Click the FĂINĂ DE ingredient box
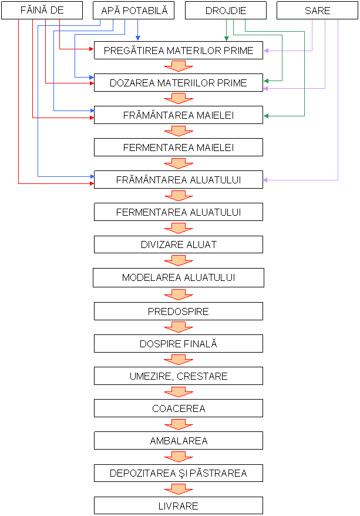(x=42, y=11)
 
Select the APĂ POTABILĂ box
(x=134, y=11)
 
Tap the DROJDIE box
(x=226, y=11)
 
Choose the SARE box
(x=318, y=11)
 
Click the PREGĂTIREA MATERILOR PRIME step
(x=179, y=51)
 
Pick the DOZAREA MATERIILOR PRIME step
(x=179, y=83)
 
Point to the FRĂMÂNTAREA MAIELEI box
(x=179, y=115)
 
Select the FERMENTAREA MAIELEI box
(x=179, y=148)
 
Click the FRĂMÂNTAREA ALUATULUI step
(x=179, y=180)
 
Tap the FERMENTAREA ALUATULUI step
(x=179, y=212)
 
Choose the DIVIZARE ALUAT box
(x=179, y=244)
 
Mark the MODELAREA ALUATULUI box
(x=179, y=277)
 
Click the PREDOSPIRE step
(x=179, y=311)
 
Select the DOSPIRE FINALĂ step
(x=179, y=344)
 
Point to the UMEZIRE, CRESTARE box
(x=179, y=376)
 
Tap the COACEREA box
(x=179, y=408)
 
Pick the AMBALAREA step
(x=179, y=441)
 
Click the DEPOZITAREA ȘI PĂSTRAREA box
(x=179, y=473)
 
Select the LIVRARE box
(x=179, y=505)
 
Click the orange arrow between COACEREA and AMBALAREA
(x=179, y=424)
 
